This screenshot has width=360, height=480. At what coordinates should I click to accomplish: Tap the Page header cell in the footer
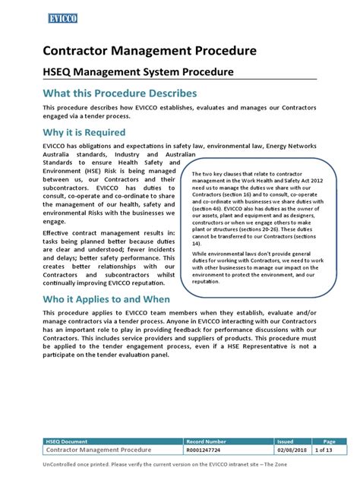pyautogui.click(x=328, y=440)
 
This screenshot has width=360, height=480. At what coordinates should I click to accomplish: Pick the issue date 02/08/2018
pyautogui.click(x=291, y=450)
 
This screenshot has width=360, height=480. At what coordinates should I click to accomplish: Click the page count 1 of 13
pyautogui.click(x=328, y=450)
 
